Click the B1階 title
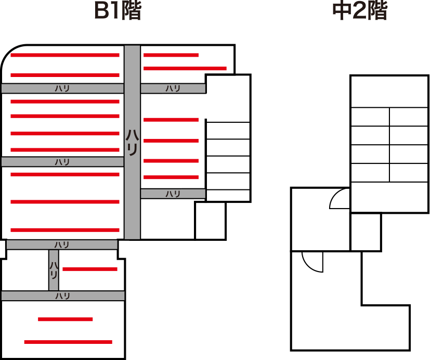118,10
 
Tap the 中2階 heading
360,10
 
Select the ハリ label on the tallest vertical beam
132,143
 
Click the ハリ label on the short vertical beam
54,270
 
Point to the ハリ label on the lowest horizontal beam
63,296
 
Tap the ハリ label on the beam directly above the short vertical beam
62,245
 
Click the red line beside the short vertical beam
90,269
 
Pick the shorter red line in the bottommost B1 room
66,319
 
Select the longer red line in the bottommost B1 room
68,342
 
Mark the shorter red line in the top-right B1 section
171,55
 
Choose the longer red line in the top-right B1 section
185,68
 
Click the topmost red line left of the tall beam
65,55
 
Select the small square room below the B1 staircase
211,221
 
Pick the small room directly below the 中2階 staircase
366,232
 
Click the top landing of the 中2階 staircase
389,92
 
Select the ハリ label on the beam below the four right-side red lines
173,194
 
